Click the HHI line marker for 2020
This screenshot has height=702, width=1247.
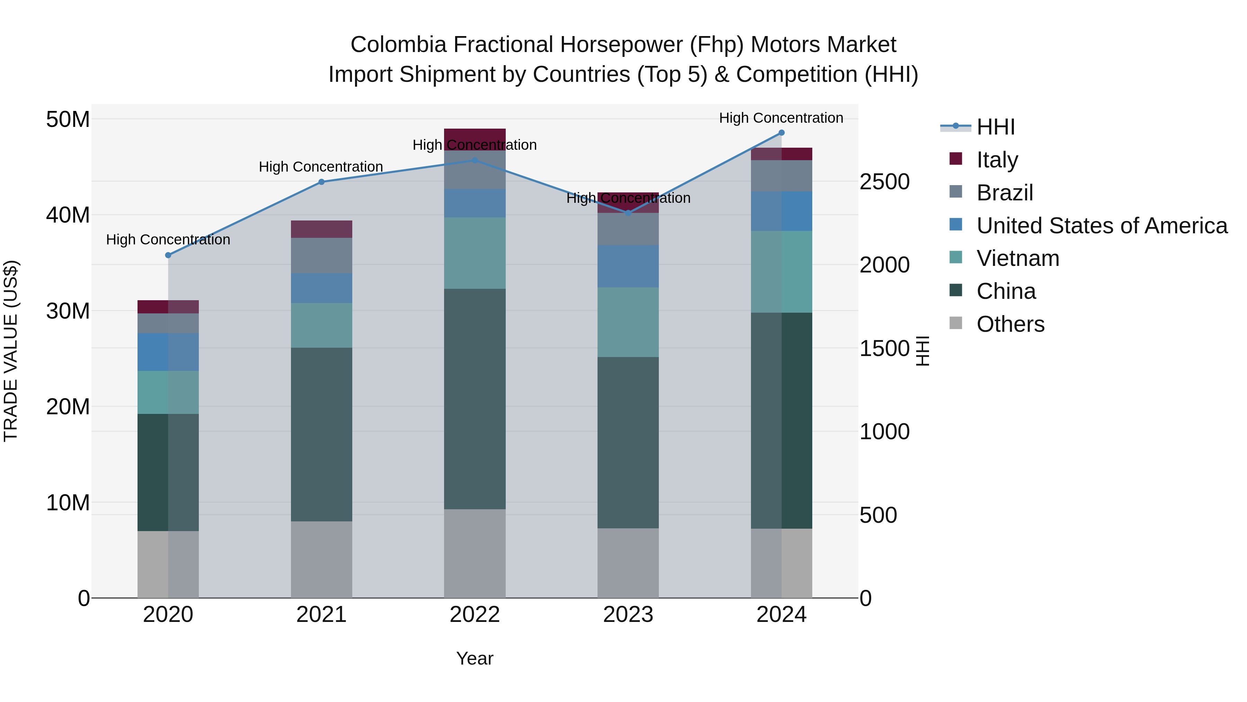(x=168, y=255)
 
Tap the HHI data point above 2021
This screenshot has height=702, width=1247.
(x=321, y=182)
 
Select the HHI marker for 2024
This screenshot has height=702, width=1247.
(x=781, y=133)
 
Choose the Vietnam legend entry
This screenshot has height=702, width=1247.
(x=1018, y=258)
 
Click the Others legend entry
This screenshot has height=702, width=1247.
(x=1010, y=324)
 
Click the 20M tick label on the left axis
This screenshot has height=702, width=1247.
(x=68, y=407)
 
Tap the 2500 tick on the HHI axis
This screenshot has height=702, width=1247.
(x=884, y=182)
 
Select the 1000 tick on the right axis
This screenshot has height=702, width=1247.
(x=884, y=432)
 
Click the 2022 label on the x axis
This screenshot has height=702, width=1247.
(x=475, y=615)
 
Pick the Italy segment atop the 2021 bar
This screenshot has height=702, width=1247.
(x=321, y=229)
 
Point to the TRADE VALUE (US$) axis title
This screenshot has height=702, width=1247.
(x=11, y=351)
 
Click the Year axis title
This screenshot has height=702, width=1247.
(x=475, y=658)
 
